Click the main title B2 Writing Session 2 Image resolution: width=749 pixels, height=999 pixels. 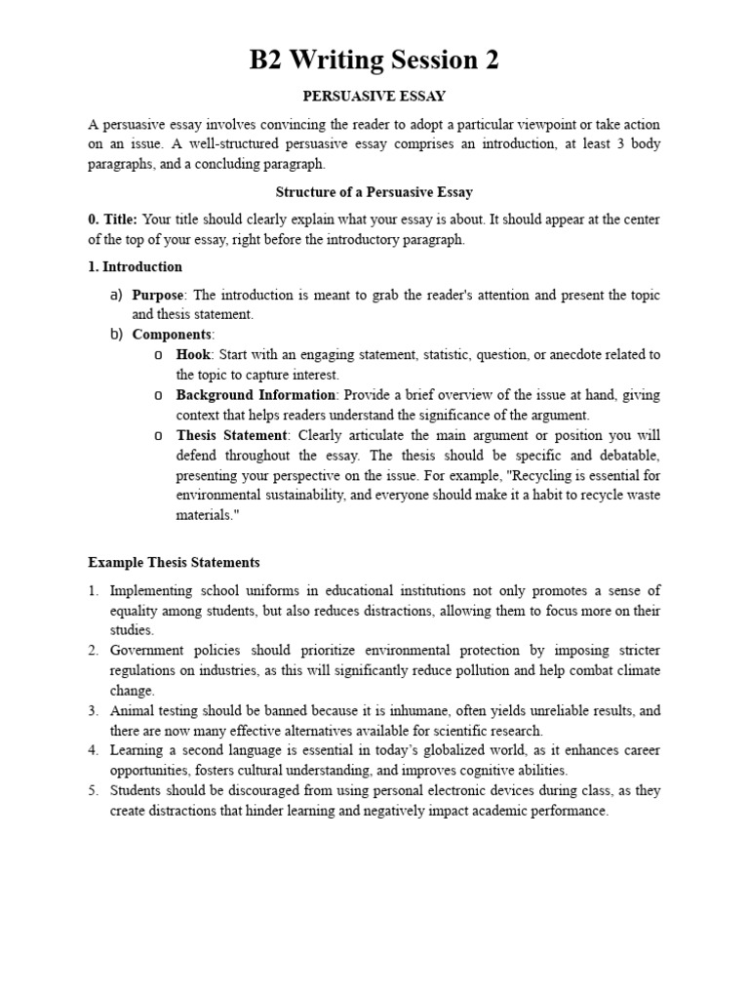pyautogui.click(x=374, y=60)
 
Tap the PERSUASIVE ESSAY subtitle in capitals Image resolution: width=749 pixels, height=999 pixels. pyautogui.click(x=374, y=97)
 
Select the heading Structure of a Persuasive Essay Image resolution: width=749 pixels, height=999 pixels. pyautogui.click(x=374, y=192)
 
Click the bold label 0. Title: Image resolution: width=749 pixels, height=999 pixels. pyautogui.click(x=112, y=220)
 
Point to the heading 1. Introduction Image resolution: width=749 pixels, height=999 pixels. pyautogui.click(x=135, y=266)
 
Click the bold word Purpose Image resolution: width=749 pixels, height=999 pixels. pyautogui.click(x=158, y=295)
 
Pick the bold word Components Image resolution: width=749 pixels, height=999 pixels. pyautogui.click(x=173, y=335)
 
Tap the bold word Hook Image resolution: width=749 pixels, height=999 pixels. pyautogui.click(x=193, y=354)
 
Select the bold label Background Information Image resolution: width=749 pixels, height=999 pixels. pyautogui.click(x=256, y=395)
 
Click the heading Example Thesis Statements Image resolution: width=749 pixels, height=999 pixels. pyautogui.click(x=174, y=563)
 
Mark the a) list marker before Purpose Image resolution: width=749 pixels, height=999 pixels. pyautogui.click(x=115, y=295)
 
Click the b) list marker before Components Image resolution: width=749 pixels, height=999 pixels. pyautogui.click(x=115, y=335)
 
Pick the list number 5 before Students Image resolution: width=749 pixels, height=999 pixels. pyautogui.click(x=94, y=790)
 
